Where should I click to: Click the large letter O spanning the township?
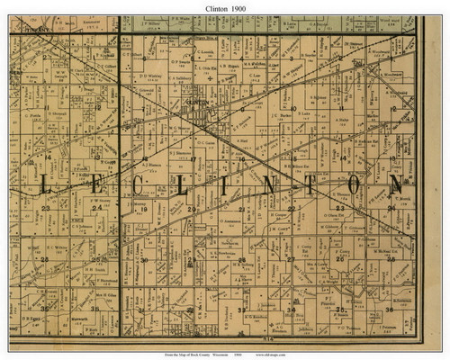coord(356,185)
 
